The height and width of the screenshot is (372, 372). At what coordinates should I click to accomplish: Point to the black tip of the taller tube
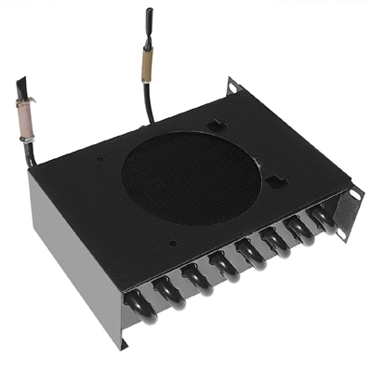click(x=151, y=17)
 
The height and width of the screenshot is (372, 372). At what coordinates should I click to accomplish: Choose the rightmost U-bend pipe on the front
click(x=323, y=219)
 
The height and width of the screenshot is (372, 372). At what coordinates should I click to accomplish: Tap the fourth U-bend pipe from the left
click(x=224, y=264)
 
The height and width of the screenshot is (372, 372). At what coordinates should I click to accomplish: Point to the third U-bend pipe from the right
click(x=276, y=241)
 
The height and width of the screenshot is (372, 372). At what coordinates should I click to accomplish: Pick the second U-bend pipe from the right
click(x=300, y=230)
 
